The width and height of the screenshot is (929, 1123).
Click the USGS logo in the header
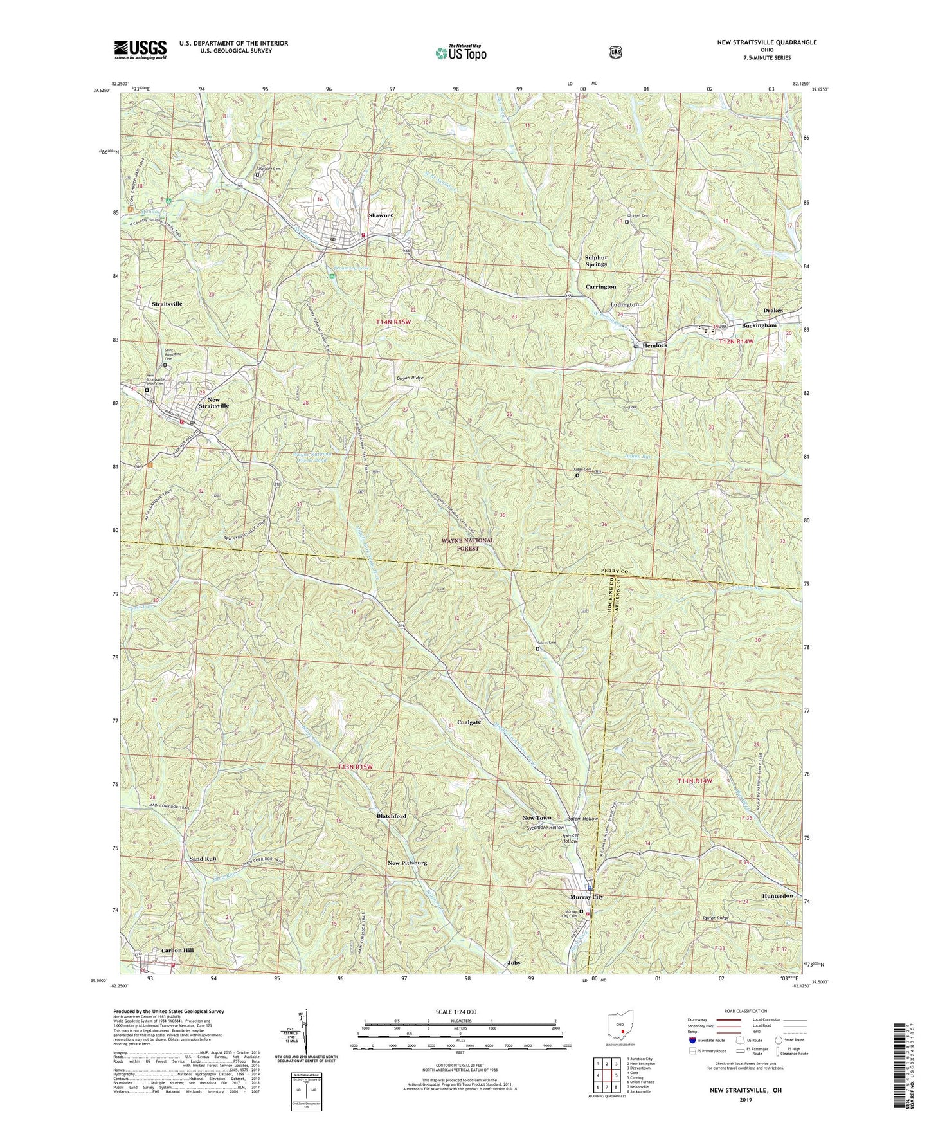click(140, 50)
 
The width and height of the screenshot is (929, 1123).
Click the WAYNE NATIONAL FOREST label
click(468, 544)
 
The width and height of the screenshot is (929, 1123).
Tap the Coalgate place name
click(469, 722)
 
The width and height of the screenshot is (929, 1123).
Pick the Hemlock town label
click(654, 345)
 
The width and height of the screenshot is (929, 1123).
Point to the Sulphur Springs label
click(595, 260)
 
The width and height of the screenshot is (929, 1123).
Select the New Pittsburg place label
click(408, 863)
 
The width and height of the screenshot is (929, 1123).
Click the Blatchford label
click(391, 816)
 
